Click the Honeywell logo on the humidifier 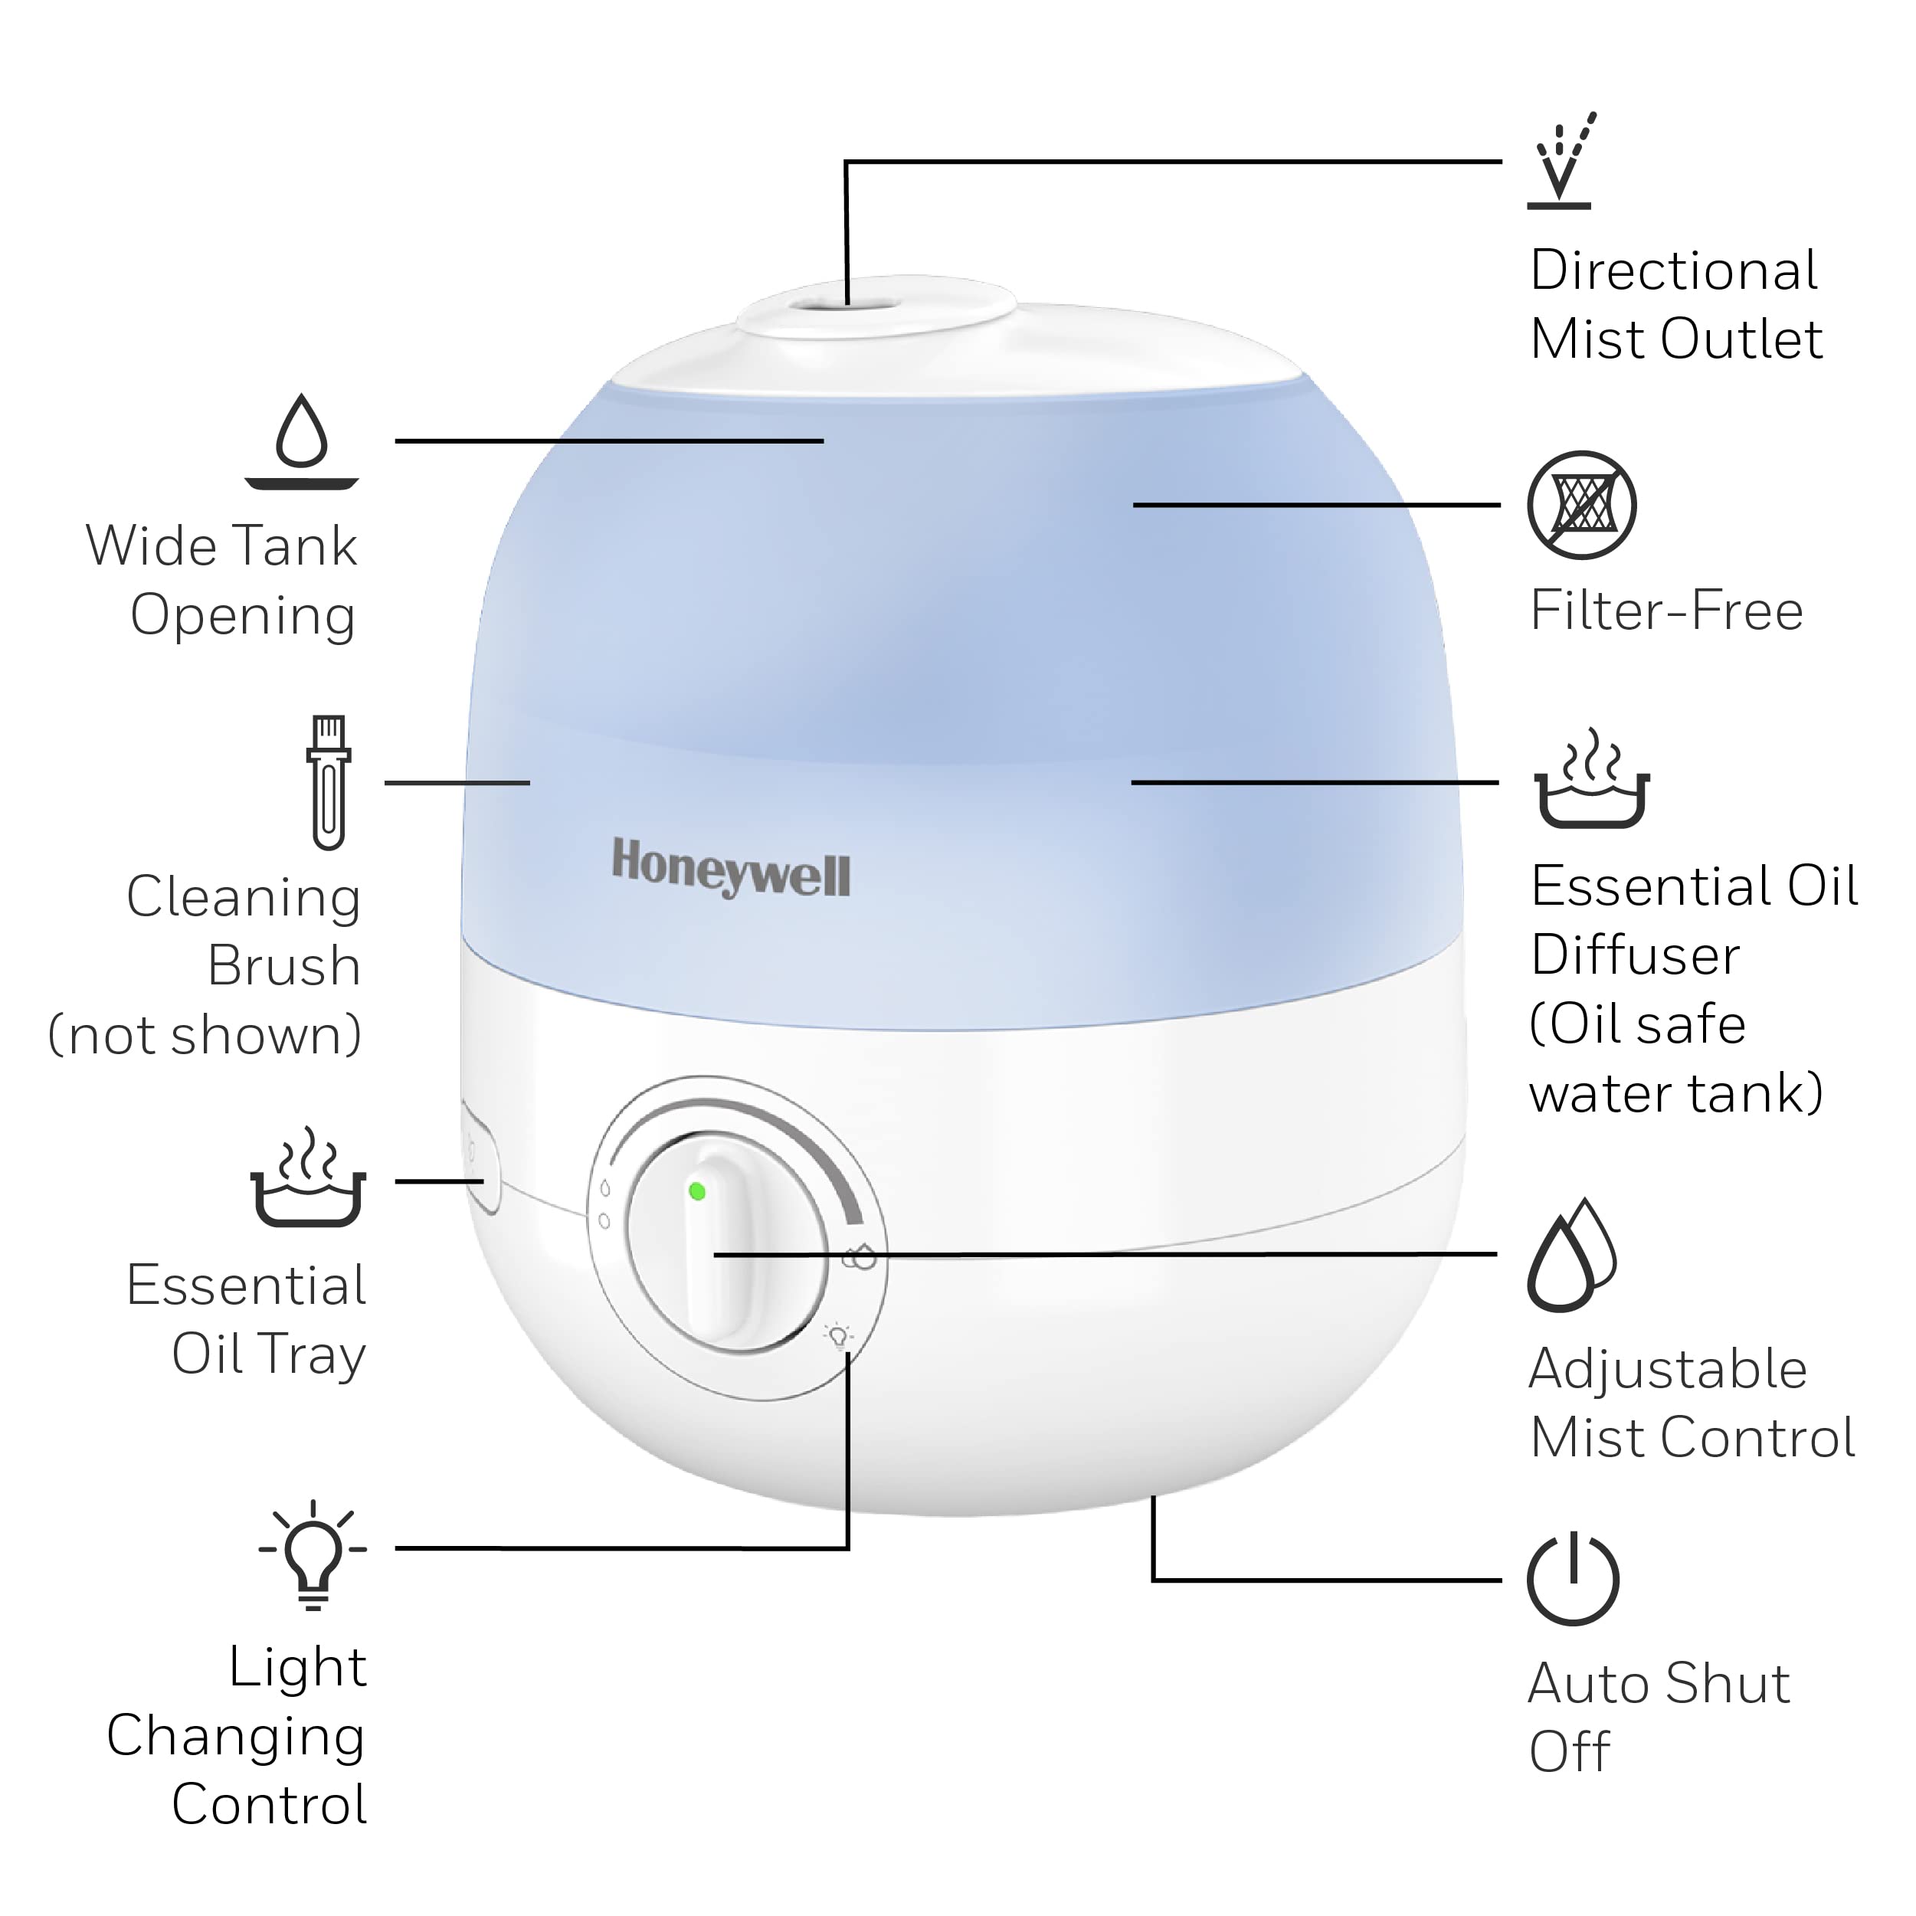tap(731, 868)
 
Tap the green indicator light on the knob tap(697, 1191)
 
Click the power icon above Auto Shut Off tap(1573, 1579)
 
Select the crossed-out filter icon tap(1582, 505)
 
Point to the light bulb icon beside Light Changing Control tap(313, 1554)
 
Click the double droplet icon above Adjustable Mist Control tap(1572, 1255)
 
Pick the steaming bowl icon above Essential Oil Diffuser tap(1593, 778)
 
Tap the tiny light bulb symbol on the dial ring tap(839, 1336)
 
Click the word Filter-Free tap(1666, 610)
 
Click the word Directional tap(1674, 270)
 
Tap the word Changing tap(236, 1737)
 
